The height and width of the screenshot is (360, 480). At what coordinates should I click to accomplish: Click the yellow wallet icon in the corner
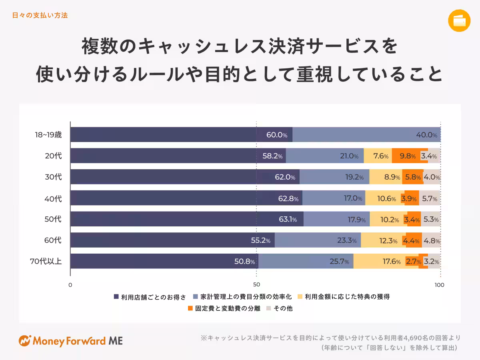tap(459, 20)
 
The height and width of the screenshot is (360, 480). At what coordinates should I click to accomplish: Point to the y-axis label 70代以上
tap(46, 262)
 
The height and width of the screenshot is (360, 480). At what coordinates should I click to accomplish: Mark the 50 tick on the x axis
tap(257, 285)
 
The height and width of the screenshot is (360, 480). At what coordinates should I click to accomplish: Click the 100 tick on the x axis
tap(439, 285)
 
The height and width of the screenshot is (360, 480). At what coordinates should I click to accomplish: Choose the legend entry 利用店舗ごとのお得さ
tap(150, 297)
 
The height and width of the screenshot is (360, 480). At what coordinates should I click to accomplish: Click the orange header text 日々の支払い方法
tap(40, 15)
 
